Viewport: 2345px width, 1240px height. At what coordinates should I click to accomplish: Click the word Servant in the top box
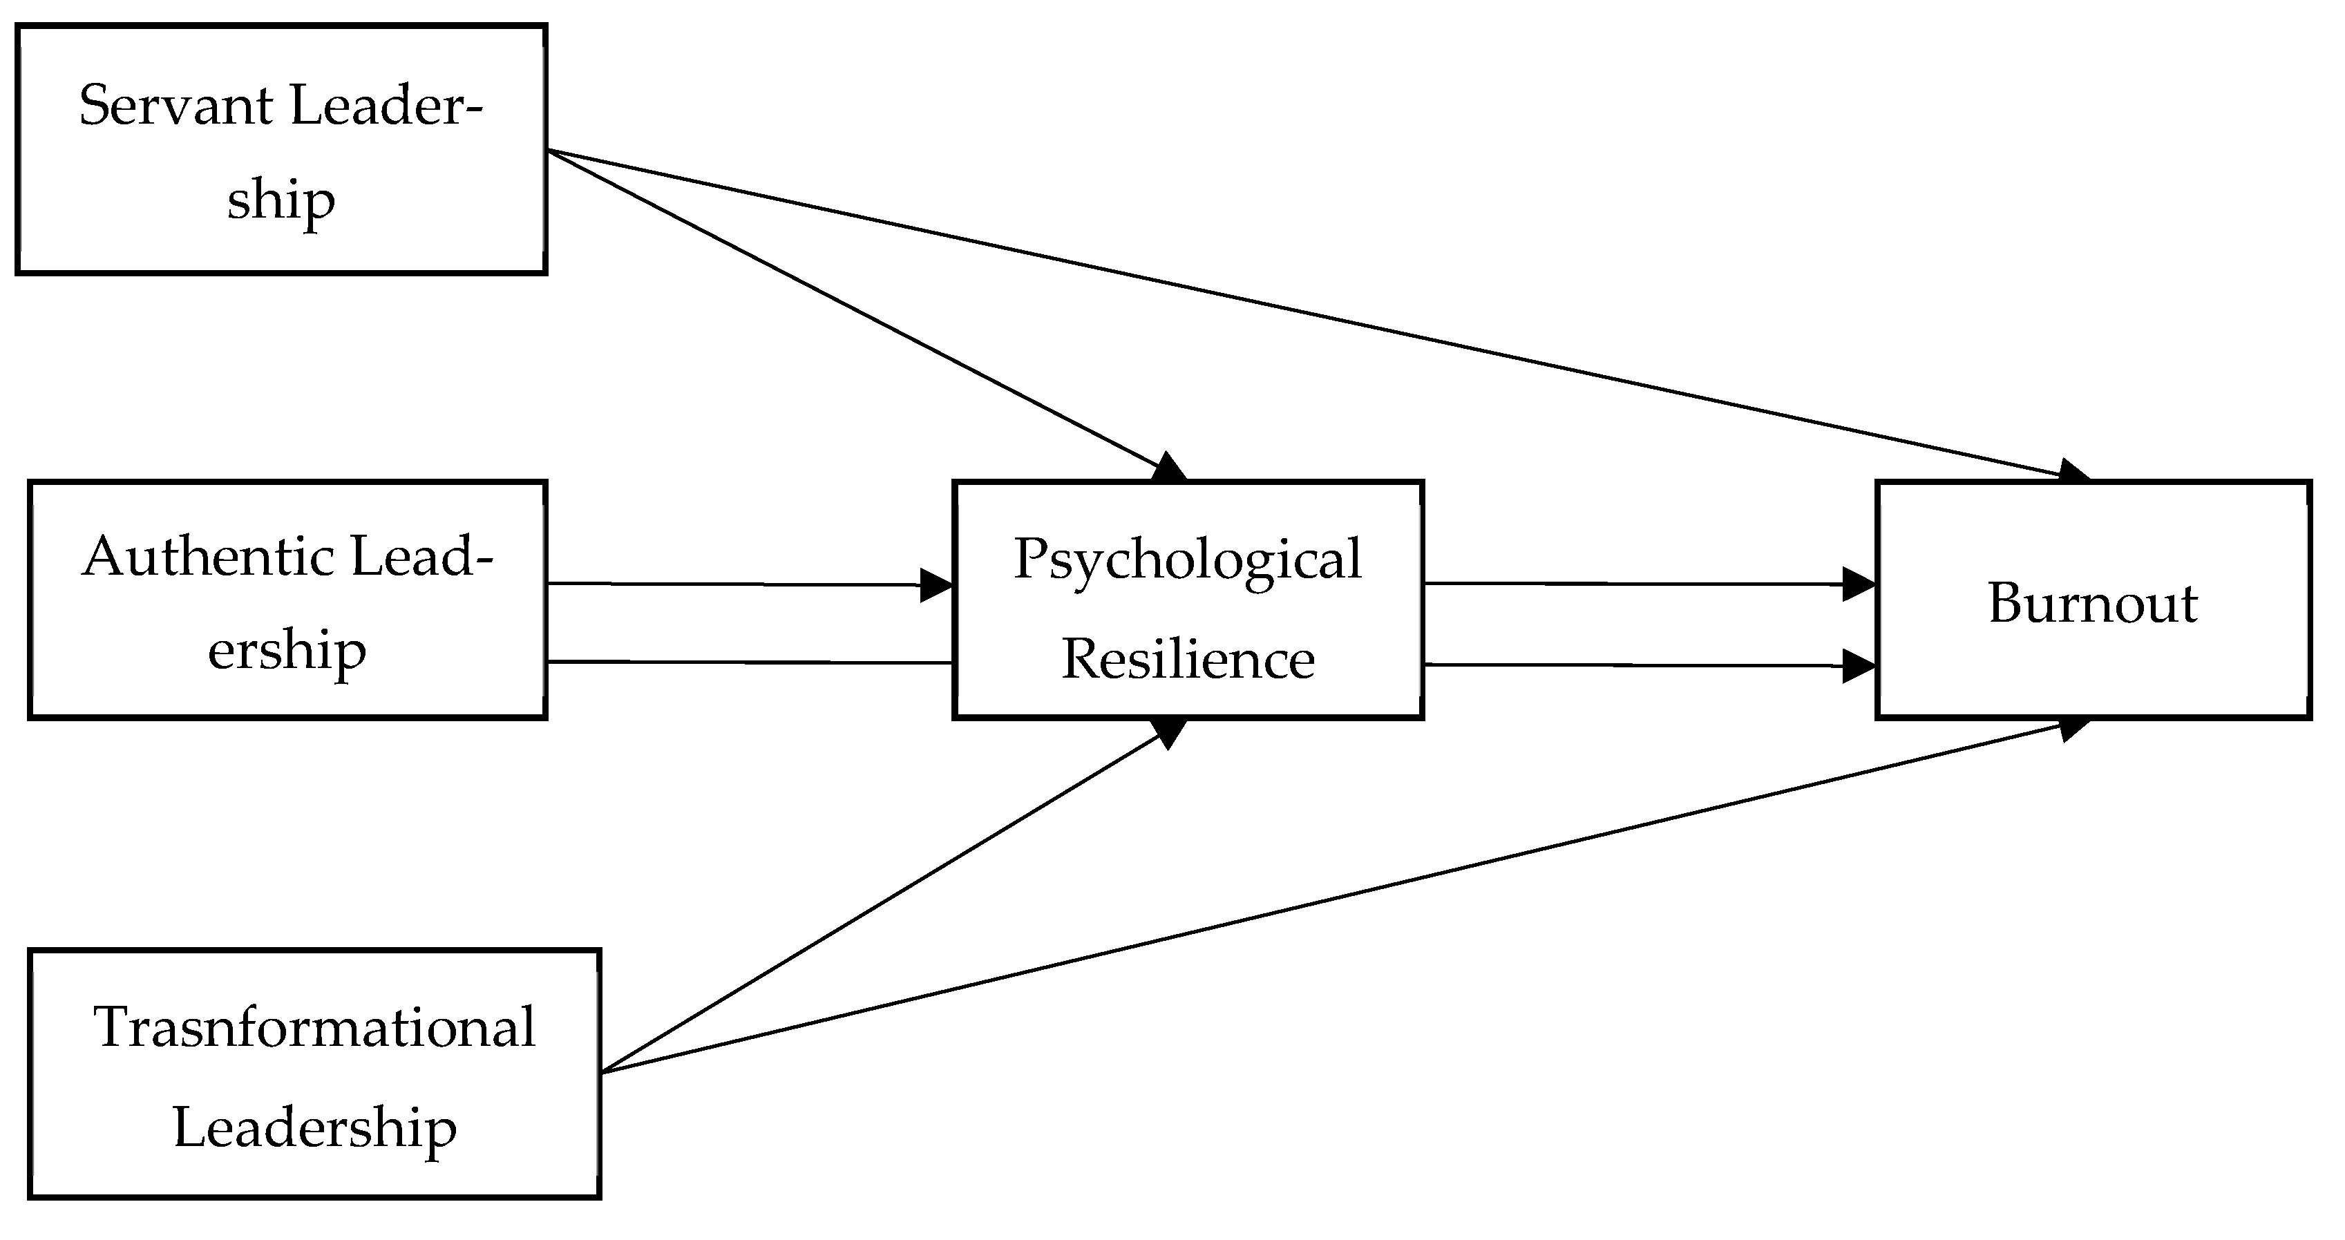(x=175, y=106)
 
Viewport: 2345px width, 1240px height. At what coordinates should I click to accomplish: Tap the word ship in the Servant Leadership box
(x=281, y=200)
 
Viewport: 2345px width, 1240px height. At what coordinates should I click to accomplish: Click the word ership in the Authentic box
(x=287, y=651)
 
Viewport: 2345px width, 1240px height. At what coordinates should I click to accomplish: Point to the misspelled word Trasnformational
(x=314, y=1027)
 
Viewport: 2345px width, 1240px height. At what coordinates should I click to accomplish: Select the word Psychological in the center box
(x=1187, y=559)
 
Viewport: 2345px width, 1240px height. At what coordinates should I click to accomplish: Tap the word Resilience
(x=1187, y=659)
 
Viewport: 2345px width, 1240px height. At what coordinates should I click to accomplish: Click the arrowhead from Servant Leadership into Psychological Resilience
(x=1169, y=468)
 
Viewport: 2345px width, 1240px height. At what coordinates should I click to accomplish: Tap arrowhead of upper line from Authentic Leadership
(x=936, y=585)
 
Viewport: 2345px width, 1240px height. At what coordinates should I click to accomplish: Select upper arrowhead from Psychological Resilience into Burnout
(x=1858, y=584)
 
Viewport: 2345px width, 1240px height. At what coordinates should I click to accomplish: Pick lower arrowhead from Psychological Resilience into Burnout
(x=1858, y=665)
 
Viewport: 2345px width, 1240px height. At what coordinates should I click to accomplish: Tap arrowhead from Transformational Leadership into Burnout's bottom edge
(x=2073, y=727)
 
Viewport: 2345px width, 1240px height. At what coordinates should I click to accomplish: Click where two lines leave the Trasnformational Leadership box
(x=602, y=1071)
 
